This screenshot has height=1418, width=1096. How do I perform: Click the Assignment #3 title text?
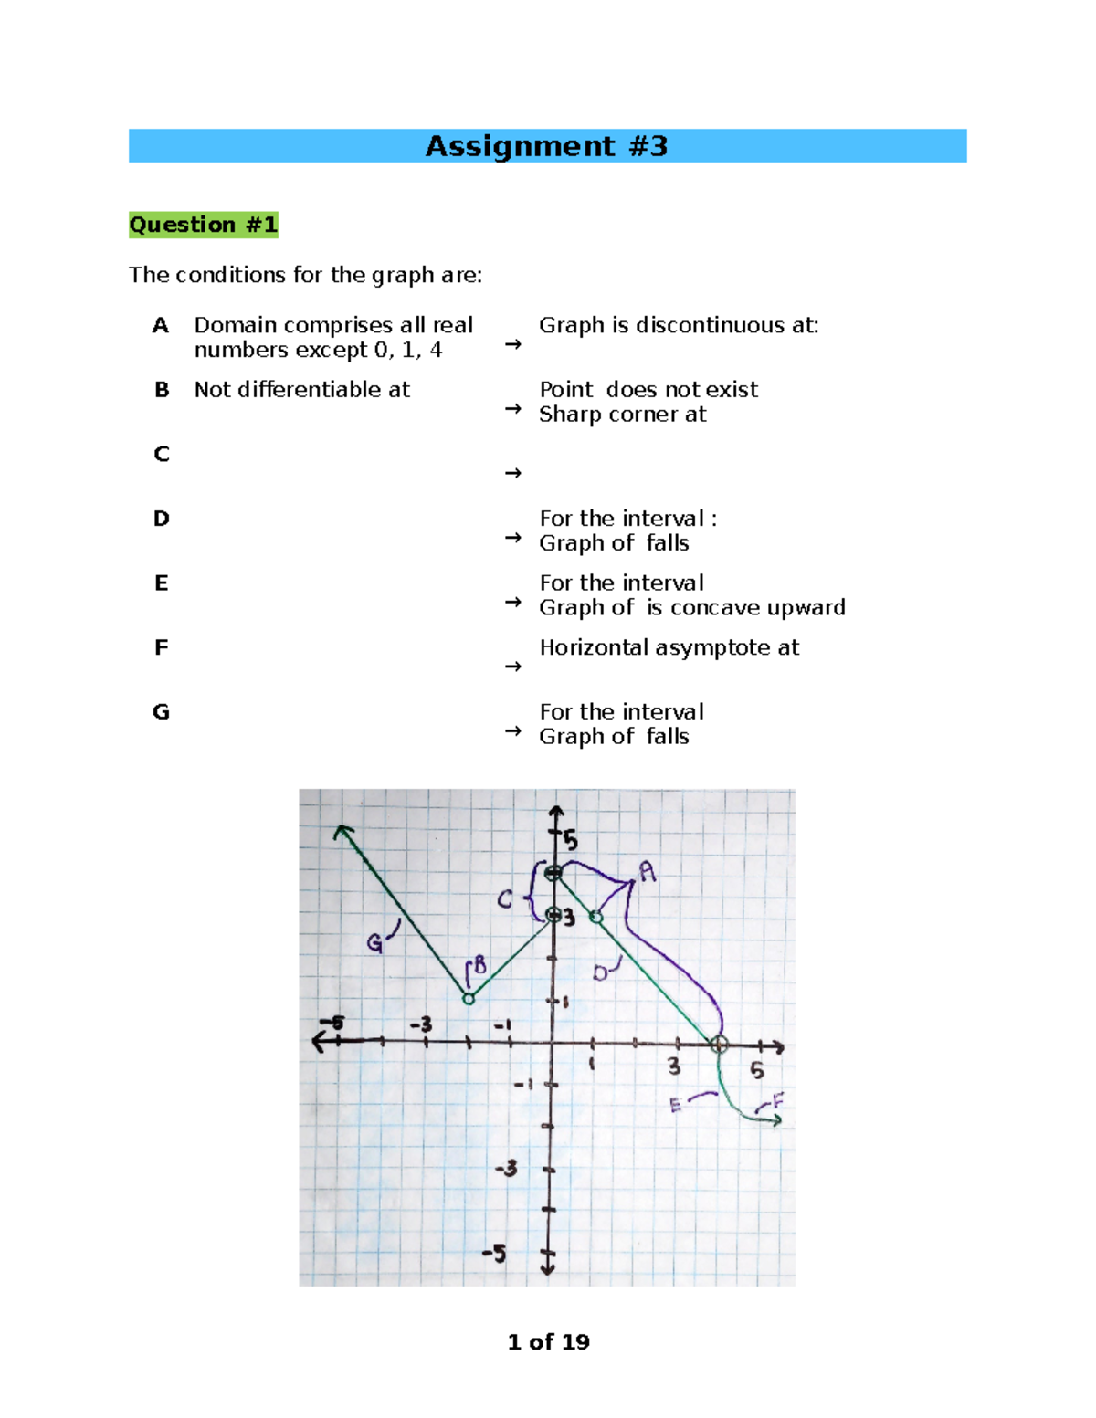point(546,146)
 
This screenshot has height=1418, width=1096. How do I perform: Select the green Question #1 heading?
point(203,225)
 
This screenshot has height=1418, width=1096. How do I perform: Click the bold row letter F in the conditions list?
point(161,648)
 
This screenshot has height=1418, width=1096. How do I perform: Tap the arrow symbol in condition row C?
point(513,473)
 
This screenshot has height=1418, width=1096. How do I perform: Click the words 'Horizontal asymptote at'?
point(669,648)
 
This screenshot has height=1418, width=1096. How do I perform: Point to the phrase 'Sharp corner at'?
point(622,415)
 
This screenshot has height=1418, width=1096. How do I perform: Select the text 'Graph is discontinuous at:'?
point(679,326)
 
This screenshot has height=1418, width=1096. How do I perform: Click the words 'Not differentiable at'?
point(301,390)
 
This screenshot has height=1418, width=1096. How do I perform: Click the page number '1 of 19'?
point(548,1342)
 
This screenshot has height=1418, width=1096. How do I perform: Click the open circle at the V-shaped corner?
point(469,999)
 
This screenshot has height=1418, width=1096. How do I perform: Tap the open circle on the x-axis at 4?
point(719,1045)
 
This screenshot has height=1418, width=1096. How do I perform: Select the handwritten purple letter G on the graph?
point(375,943)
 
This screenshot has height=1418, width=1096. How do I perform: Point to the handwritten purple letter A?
point(648,872)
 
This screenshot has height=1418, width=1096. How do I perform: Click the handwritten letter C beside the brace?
point(505,900)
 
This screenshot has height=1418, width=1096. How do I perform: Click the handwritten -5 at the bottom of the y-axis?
point(494,1253)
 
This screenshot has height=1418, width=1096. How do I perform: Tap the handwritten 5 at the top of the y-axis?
point(570,839)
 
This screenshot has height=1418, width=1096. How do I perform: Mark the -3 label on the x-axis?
point(421,1024)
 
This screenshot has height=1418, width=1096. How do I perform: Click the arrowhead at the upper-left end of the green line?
point(342,830)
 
